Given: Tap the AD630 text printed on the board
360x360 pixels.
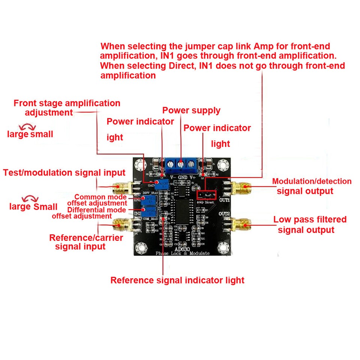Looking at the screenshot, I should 182,249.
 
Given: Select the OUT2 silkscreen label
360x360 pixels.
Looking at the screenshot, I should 224,214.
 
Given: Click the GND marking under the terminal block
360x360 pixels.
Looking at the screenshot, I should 183,177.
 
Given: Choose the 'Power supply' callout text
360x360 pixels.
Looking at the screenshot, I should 191,111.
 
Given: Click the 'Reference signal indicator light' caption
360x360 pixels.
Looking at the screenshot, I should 177,280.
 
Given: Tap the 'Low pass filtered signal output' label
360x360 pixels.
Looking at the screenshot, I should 309,225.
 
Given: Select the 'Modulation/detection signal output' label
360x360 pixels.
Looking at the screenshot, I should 312,186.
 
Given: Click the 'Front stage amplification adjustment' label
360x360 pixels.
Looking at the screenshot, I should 67,108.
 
